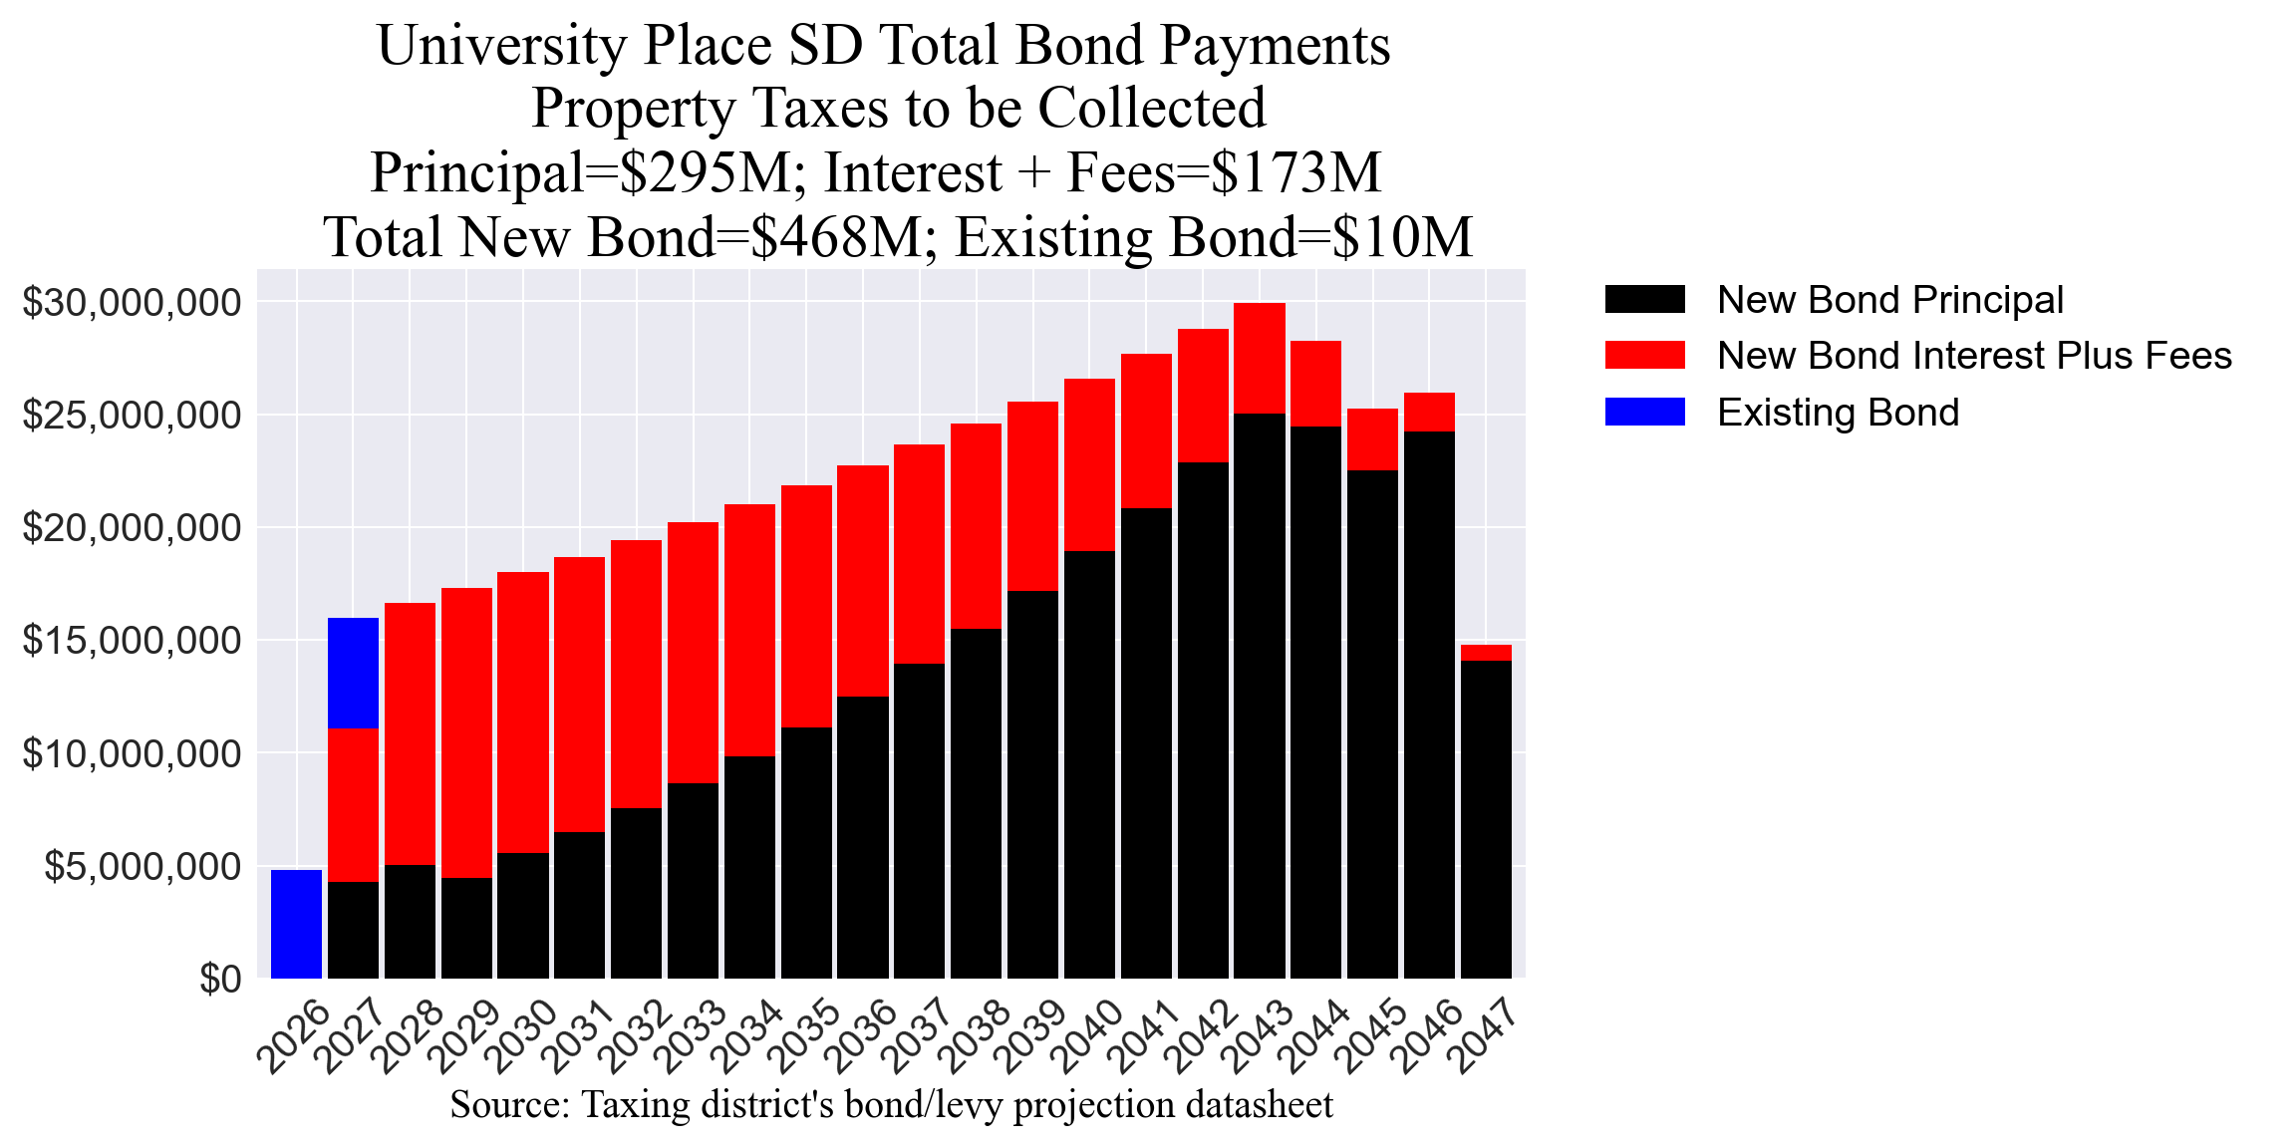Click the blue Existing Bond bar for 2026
[x=296, y=924]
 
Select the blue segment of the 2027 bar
[x=353, y=673]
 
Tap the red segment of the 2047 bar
[x=1486, y=653]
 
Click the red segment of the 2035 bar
[x=806, y=606]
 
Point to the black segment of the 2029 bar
[x=466, y=928]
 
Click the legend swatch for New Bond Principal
[x=1644, y=300]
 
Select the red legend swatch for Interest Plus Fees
[x=1644, y=356]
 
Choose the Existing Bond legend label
[x=1838, y=413]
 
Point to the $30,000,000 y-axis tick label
[x=132, y=302]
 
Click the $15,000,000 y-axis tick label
[x=132, y=641]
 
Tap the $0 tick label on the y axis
[x=220, y=980]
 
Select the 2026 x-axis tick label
[x=293, y=1036]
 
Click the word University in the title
[x=503, y=46]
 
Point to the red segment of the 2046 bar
[x=1429, y=412]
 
